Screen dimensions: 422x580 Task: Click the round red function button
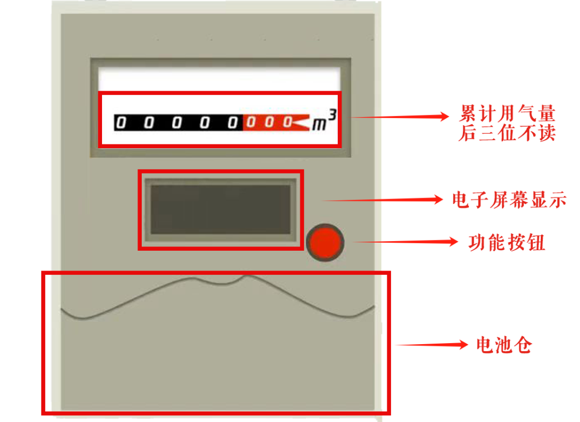pos(325,243)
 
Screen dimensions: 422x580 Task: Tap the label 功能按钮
pos(507,243)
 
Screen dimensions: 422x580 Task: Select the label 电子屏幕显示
pos(509,200)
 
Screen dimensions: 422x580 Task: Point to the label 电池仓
pos(504,345)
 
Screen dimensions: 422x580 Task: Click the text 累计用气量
pos(508,114)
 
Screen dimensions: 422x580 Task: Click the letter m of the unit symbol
pos(320,125)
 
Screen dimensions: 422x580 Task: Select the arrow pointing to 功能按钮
pos(408,242)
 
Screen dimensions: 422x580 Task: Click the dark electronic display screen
pos(220,209)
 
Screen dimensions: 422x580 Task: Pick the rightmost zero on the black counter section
pos(233,123)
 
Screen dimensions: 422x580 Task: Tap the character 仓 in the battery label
pos(523,345)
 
